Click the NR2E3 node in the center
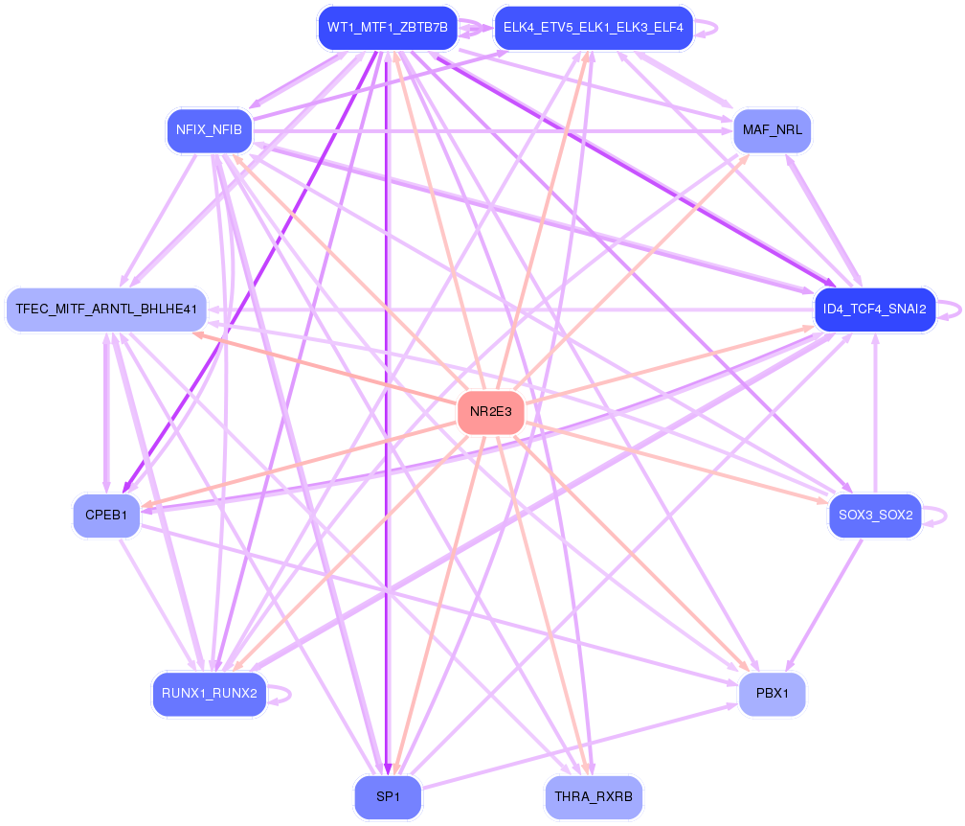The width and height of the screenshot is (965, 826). (491, 412)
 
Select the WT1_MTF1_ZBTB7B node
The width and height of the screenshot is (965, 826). (387, 27)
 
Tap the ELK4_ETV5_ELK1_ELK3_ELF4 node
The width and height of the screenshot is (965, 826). (593, 27)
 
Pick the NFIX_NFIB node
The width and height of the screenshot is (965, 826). (209, 129)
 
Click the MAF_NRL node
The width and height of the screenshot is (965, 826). (772, 130)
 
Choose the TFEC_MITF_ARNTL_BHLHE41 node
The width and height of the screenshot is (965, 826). (106, 309)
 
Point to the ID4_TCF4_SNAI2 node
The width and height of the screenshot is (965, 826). (874, 309)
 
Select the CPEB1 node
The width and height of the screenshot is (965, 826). (106, 515)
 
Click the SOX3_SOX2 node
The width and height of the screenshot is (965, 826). (874, 516)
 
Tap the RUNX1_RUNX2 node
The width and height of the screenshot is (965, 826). (209, 694)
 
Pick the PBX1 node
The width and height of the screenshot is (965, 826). (772, 694)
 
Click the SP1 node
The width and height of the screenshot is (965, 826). (387, 797)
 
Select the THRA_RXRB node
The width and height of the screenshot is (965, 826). (593, 797)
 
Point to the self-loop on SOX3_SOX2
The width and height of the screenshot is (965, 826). (946, 516)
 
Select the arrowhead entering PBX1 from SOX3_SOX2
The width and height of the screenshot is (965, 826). (789, 667)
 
